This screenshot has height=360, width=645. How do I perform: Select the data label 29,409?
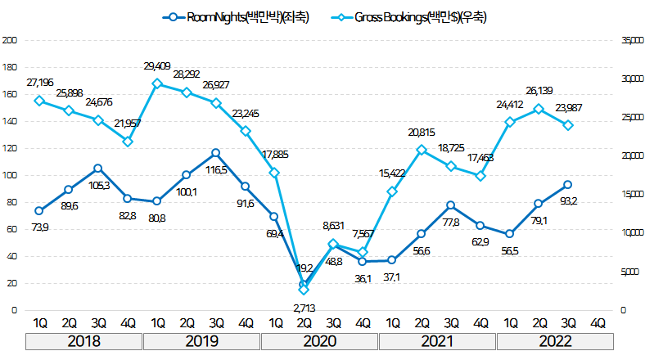158,65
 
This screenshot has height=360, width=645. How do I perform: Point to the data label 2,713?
304,307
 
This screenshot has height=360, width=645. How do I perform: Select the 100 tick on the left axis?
9,175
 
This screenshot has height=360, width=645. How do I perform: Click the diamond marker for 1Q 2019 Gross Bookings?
156,83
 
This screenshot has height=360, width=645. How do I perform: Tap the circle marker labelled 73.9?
38,211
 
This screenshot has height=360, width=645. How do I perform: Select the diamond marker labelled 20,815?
422,150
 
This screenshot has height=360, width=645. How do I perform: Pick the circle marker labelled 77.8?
451,205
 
